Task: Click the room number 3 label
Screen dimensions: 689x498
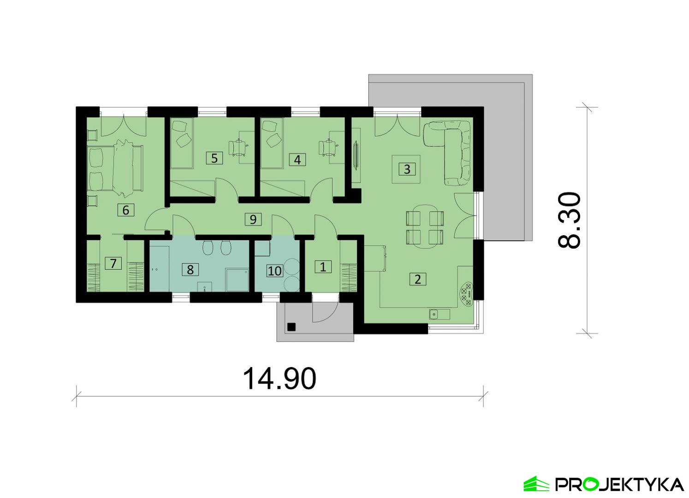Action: point(407,169)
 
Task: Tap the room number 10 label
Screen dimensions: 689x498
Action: point(274,271)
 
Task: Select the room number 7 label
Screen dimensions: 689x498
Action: point(113,263)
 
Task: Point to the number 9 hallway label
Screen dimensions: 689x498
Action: point(253,219)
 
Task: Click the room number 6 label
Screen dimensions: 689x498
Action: point(125,210)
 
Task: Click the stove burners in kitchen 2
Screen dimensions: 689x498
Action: point(466,294)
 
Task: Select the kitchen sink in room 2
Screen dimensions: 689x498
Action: point(440,314)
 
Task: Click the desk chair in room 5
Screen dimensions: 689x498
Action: point(238,148)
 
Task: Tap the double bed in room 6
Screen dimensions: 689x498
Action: point(115,167)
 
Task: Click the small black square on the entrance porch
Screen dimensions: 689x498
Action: point(291,327)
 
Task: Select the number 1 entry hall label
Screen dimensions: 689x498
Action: point(323,267)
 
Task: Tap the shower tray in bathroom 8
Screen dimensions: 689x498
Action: point(237,279)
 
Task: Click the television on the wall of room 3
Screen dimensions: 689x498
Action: point(356,155)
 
